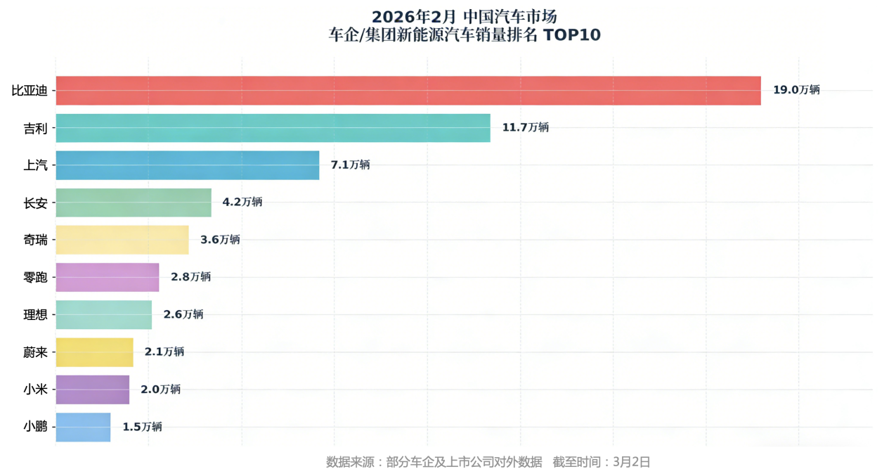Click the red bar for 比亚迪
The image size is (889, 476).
click(408, 91)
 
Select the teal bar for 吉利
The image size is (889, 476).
click(273, 128)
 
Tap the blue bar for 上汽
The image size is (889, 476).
click(187, 165)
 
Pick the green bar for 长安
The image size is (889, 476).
click(134, 202)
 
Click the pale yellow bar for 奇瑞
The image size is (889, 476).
click(122, 240)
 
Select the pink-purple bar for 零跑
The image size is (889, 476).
click(107, 277)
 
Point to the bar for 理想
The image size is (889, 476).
click(103, 314)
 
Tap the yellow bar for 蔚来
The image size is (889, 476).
click(94, 352)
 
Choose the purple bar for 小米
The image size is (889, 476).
click(92, 390)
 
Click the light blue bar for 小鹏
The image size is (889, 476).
click(83, 427)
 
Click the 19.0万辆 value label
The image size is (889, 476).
click(796, 90)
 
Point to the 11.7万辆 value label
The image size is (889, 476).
click(525, 127)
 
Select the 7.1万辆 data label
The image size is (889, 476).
click(350, 165)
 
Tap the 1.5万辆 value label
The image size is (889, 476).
click(142, 427)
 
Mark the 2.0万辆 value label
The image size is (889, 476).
click(160, 390)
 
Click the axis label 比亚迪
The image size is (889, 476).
click(30, 91)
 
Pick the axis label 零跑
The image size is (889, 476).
click(35, 277)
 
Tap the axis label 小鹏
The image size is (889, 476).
click(35, 427)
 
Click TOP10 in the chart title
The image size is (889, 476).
click(571, 35)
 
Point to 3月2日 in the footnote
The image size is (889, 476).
click(632, 462)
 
